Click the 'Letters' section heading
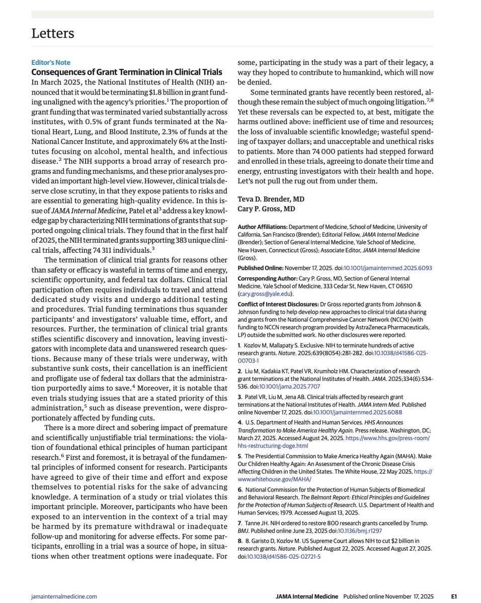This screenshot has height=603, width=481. coord(53,34)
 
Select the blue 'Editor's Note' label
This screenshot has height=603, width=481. coord(51,63)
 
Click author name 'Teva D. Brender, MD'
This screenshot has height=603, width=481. coord(270,199)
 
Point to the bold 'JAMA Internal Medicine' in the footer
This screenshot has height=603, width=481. coord(307,596)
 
